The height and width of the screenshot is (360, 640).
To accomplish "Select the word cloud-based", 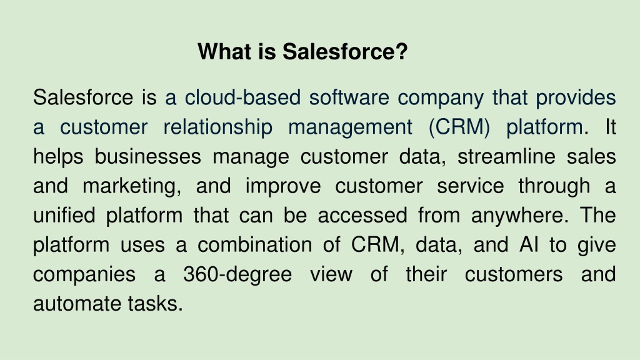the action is tap(243, 98).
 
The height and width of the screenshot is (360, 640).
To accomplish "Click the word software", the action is tap(349, 98).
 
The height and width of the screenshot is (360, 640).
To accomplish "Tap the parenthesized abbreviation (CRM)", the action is tap(459, 127).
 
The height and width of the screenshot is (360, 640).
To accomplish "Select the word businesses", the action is tap(147, 157).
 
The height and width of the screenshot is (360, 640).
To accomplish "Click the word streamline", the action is tap(506, 157).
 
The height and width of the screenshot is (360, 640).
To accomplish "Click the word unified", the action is tap(64, 216).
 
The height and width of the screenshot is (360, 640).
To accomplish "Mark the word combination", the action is tap(255, 245).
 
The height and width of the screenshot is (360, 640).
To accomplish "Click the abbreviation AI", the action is tap(529, 245).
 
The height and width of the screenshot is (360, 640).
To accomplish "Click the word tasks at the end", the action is tap(155, 304).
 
